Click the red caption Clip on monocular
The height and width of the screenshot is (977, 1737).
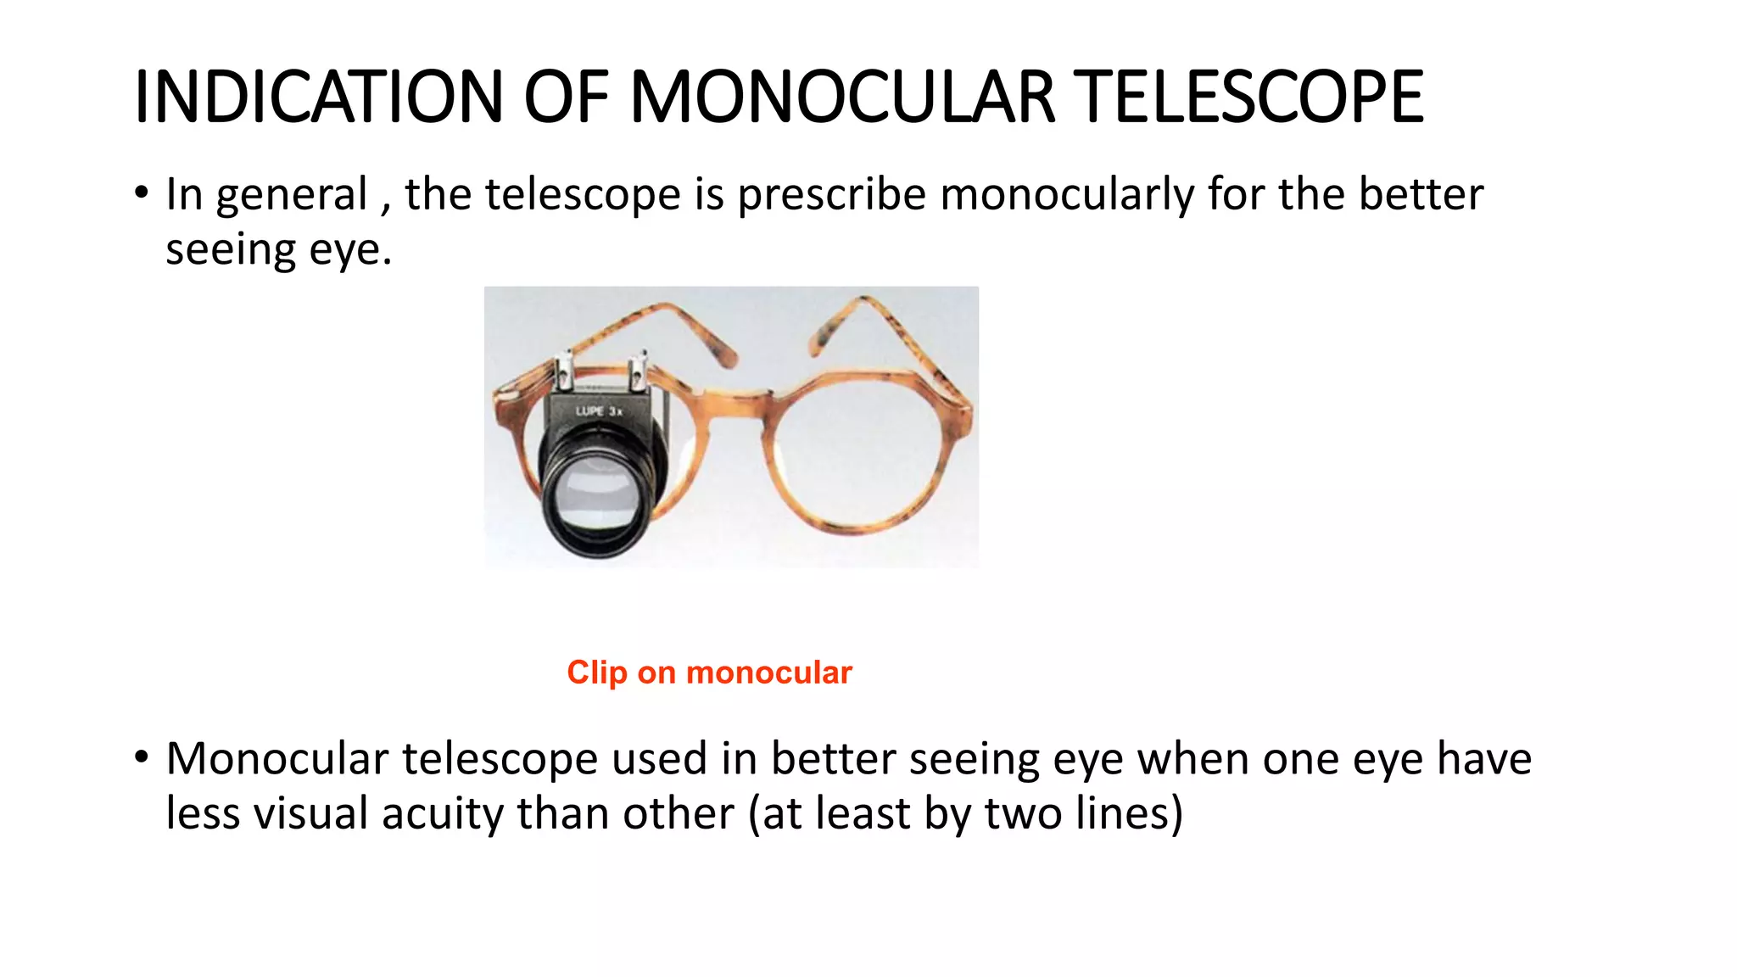pos(709,673)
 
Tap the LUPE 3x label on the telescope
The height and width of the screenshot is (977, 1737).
pos(600,411)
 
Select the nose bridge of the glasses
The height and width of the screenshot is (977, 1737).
pos(740,399)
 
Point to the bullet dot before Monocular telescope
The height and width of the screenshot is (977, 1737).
pos(142,756)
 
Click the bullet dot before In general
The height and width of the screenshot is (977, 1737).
pos(142,192)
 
